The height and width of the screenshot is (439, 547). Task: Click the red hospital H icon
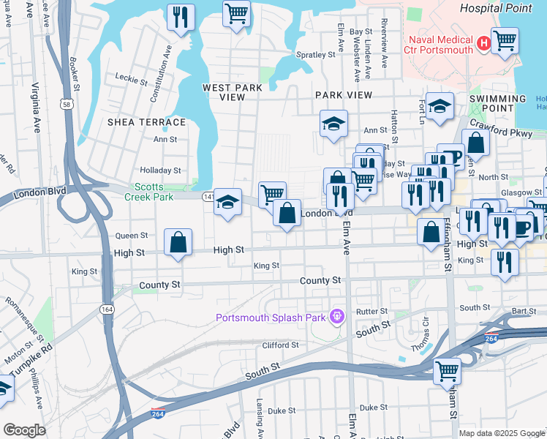(x=483, y=45)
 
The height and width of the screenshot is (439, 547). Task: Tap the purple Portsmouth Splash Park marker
(x=336, y=317)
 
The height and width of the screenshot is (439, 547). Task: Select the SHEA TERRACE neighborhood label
(x=147, y=121)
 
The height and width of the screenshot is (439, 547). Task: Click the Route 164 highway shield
(x=107, y=310)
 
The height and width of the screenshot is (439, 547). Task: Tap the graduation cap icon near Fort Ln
(x=440, y=107)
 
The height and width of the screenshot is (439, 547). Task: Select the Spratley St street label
(x=315, y=54)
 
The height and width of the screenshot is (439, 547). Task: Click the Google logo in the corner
(x=24, y=429)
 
